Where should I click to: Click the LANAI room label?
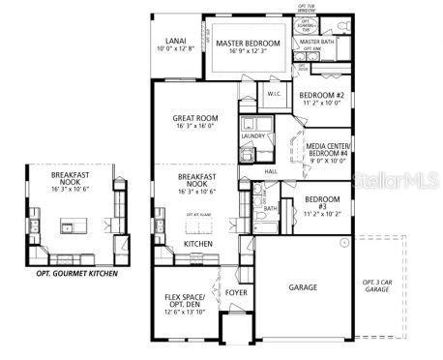point(175,41)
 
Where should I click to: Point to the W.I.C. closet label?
point(273,94)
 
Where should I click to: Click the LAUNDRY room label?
point(252,136)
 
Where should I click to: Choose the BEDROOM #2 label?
point(321,94)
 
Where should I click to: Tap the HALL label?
point(271,170)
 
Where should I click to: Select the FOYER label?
point(235,290)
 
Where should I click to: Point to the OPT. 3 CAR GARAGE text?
point(377,286)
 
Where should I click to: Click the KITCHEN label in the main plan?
point(198,244)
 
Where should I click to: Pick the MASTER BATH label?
point(316,43)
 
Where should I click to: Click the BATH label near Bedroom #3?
point(270,208)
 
